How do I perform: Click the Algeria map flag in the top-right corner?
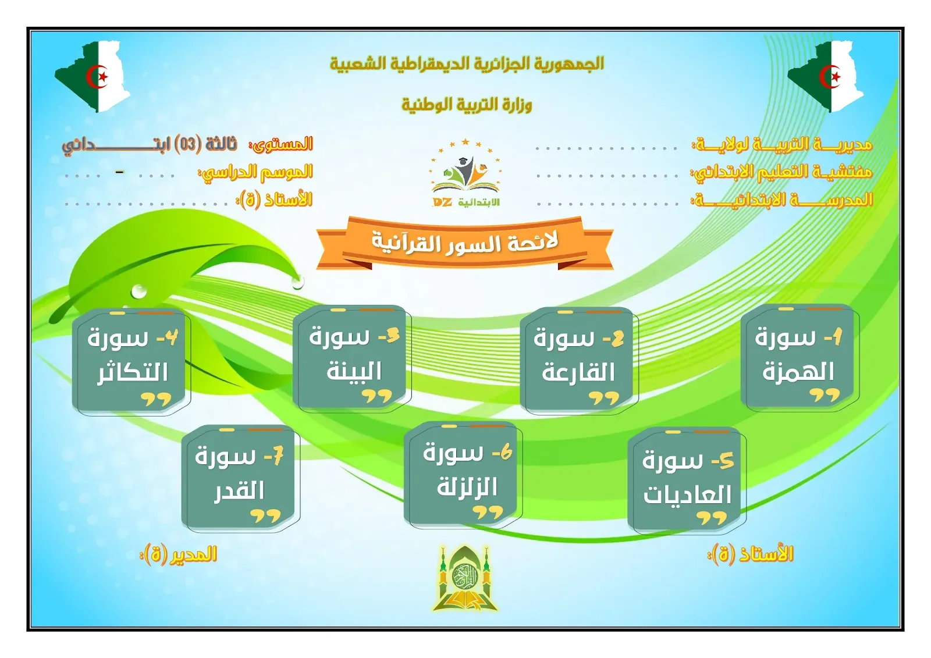827,76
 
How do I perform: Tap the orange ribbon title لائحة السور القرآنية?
465,243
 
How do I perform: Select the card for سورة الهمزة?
799,358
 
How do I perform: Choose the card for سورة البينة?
351,358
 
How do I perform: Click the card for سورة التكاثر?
131,361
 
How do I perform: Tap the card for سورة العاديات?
686,481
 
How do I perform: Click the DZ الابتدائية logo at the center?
465,175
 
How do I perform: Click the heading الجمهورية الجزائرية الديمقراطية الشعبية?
467,63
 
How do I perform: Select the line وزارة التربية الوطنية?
467,105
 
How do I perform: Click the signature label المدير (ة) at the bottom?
179,554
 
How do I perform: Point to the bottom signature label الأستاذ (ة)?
751,554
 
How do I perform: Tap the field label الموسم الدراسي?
256,172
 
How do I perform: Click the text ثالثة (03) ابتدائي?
150,144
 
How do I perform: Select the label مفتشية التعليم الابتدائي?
781,172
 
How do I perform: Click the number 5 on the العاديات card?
726,461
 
